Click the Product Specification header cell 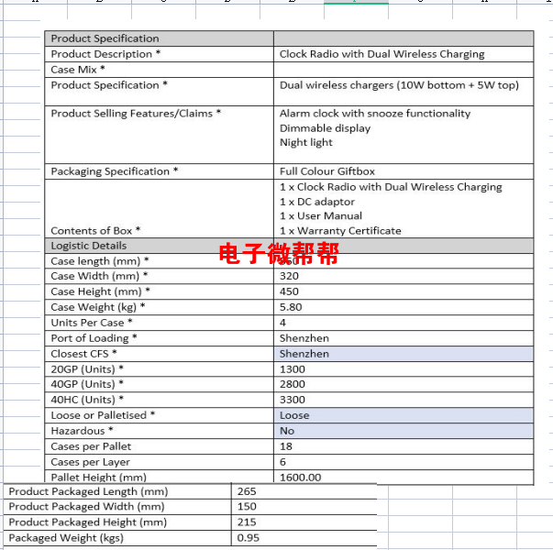tap(105, 38)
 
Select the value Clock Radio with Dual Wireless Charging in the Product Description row tap(382, 54)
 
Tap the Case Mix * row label tap(78, 70)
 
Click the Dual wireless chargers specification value tap(399, 85)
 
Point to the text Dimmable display tap(325, 128)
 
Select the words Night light tap(306, 143)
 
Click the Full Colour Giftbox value tap(327, 171)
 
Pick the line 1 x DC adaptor tap(316, 202)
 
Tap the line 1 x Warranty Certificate tap(340, 231)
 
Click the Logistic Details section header tap(89, 246)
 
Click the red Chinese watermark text tap(278, 254)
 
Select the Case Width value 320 tap(290, 276)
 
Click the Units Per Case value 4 tap(283, 323)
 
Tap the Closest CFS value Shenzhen tap(304, 354)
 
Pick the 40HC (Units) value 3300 tap(293, 400)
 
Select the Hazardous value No tap(287, 431)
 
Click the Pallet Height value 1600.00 tap(301, 478)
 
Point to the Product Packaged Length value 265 tap(246, 491)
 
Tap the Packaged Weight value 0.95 tap(248, 538)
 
